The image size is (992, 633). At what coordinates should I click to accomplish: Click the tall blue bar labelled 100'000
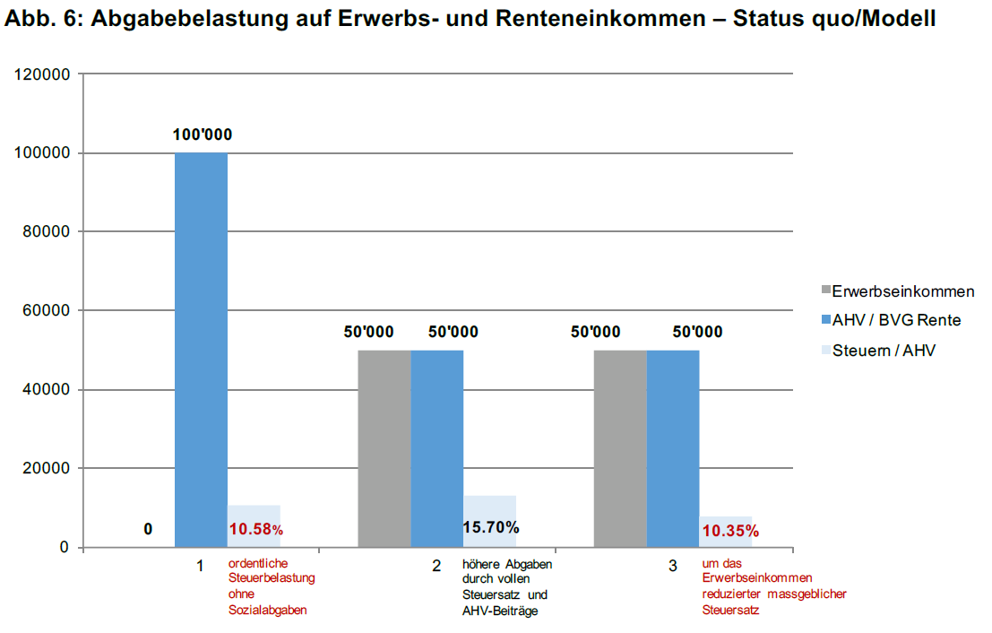pos(201,350)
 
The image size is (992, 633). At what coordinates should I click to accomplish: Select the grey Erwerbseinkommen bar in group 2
pos(384,448)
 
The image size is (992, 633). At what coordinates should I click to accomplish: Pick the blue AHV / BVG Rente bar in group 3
pos(673,448)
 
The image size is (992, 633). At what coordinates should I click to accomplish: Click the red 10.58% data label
pos(255,530)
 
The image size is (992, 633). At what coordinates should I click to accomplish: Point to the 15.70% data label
pos(491,527)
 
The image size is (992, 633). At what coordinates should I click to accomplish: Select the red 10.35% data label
pos(730,531)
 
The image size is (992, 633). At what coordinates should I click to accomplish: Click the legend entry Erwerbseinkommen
pos(902,291)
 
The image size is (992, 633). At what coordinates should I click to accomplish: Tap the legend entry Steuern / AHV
pos(884,351)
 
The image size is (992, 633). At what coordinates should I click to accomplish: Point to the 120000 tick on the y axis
pos(42,74)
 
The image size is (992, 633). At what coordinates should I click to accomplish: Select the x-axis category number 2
pos(436,567)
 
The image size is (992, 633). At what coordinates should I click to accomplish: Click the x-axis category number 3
pos(673,567)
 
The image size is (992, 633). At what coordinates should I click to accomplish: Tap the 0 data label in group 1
pos(148,530)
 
